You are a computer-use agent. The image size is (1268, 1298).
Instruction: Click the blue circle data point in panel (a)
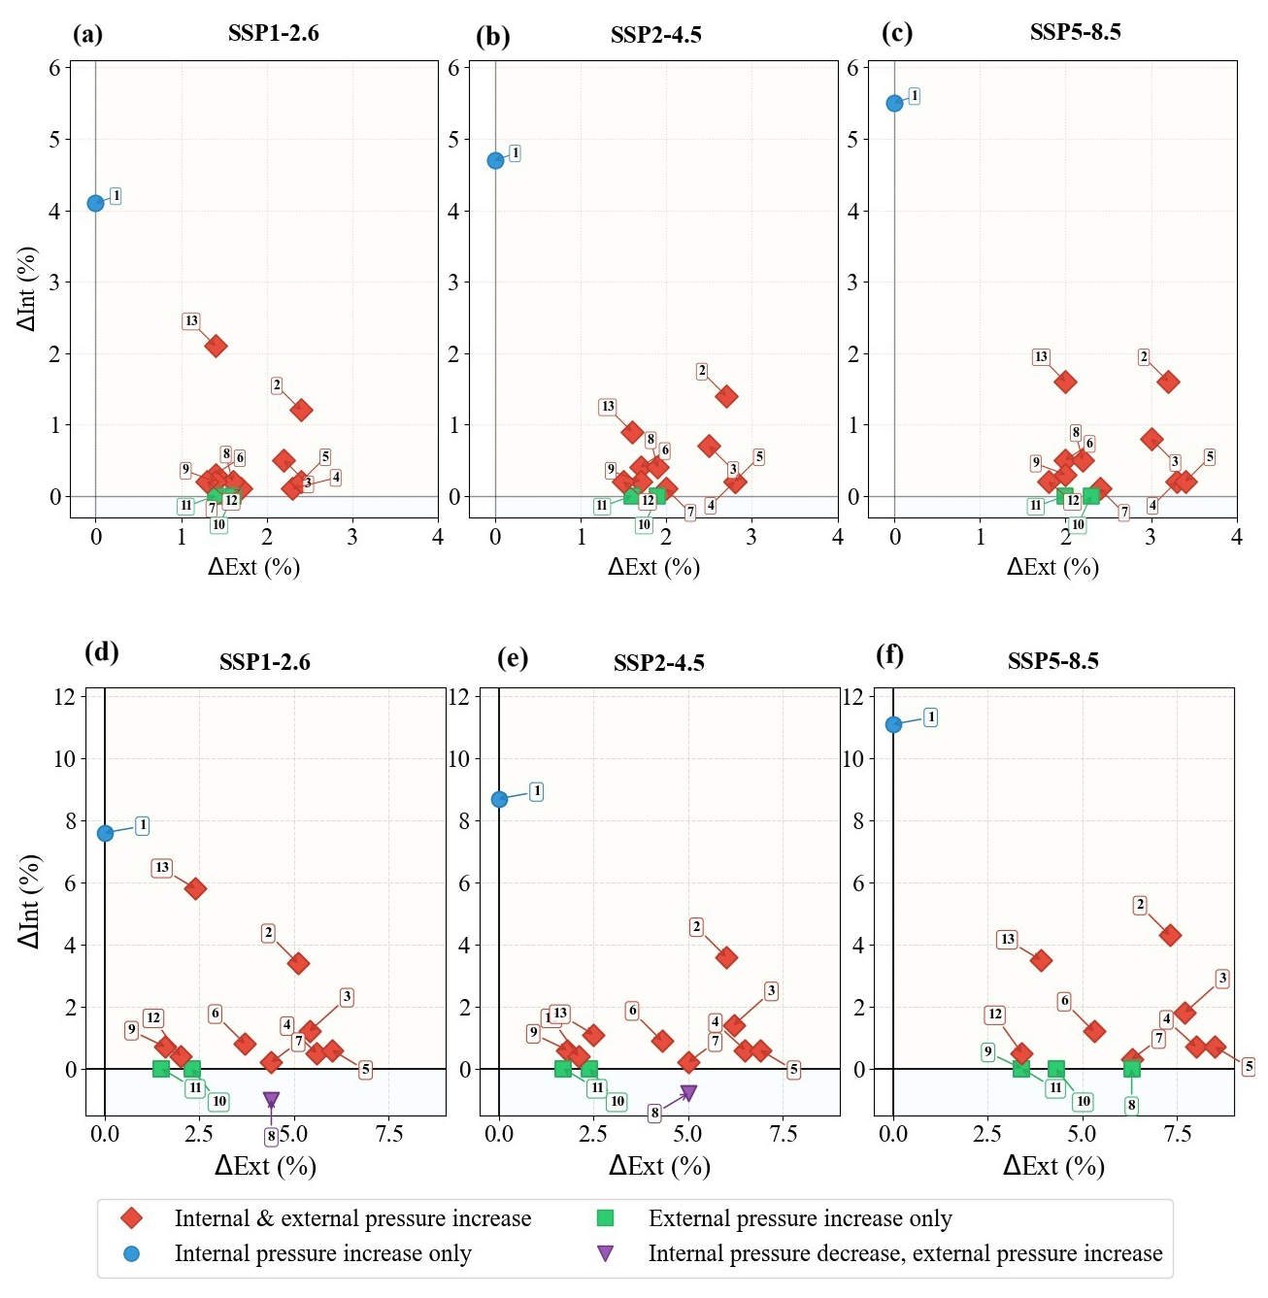(95, 203)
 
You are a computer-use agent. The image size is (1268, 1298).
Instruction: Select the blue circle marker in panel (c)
(894, 103)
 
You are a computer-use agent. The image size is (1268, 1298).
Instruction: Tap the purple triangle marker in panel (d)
(271, 1100)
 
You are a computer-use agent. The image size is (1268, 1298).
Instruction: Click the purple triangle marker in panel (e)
(688, 1093)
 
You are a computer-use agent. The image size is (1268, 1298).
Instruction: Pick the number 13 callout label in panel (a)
(191, 321)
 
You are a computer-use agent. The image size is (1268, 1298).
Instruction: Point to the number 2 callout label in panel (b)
(702, 371)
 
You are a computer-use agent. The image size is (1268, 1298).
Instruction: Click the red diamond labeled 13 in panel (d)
(195, 888)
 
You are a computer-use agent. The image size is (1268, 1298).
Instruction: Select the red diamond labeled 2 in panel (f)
(1170, 936)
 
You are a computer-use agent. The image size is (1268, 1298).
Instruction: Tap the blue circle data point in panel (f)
(893, 724)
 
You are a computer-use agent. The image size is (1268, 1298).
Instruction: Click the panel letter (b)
(492, 36)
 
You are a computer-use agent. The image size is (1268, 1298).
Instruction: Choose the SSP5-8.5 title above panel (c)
(1075, 32)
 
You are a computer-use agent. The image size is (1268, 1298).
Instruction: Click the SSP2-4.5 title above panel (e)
(658, 663)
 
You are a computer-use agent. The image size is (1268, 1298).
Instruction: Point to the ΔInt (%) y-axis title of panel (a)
(27, 288)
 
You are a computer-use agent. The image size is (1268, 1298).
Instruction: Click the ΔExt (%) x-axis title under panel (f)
(1053, 1165)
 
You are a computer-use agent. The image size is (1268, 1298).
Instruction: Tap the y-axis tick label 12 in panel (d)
(65, 696)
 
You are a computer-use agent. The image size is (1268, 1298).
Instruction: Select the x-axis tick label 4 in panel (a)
(438, 537)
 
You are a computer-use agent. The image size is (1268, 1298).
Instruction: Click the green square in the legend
(605, 1218)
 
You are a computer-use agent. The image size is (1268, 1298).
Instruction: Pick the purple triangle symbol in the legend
(605, 1253)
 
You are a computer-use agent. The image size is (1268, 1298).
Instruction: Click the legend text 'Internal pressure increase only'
(322, 1253)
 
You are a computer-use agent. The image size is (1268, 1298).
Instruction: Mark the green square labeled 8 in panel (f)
(1131, 1069)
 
